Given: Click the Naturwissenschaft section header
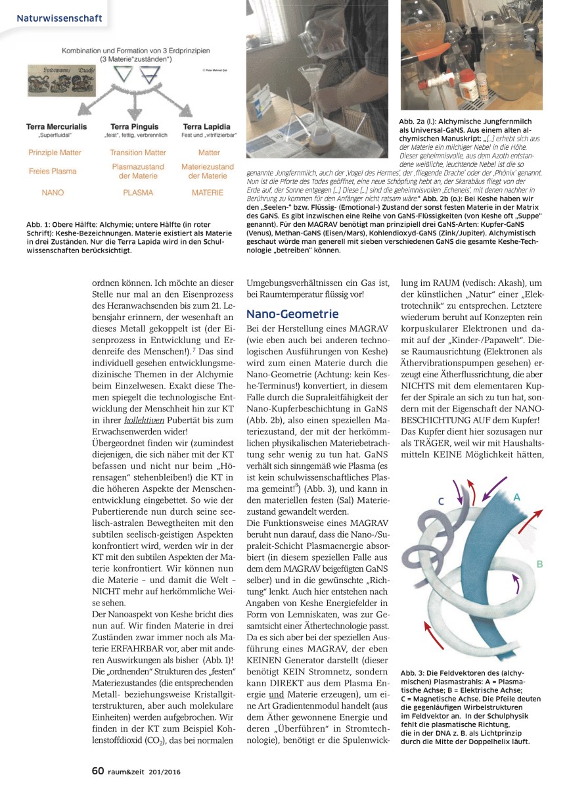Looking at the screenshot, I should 60,18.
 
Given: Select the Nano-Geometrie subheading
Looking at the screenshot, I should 292,314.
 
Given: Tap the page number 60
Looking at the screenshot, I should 97,771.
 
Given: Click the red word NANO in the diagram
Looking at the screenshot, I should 53,193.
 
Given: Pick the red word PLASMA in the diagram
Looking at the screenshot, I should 137,193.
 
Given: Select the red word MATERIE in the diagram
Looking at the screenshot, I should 208,193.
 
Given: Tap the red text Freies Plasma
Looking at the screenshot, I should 53,171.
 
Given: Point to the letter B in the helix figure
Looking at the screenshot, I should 539,564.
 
